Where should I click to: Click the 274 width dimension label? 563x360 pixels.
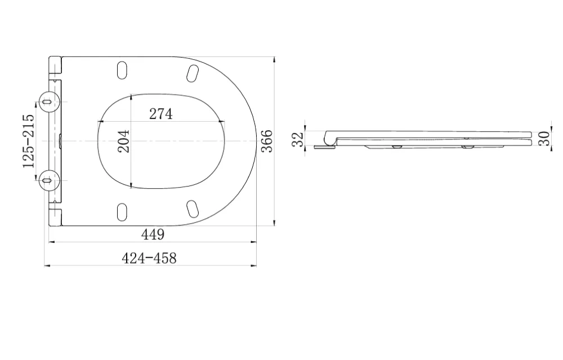[x=161, y=114]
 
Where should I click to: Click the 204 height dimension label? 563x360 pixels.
[x=124, y=141]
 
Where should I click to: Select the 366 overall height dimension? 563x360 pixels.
[x=267, y=141]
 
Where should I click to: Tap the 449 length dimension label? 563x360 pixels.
[x=153, y=234]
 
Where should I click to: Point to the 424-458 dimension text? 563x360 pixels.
[x=149, y=258]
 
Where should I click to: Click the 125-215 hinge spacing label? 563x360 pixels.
[x=28, y=141]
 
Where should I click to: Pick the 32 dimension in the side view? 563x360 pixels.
[x=298, y=139]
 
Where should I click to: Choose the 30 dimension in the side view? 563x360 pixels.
[x=544, y=139]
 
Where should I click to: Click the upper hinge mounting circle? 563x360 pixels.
[x=48, y=101]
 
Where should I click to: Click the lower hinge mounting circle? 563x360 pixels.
[x=48, y=180]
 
